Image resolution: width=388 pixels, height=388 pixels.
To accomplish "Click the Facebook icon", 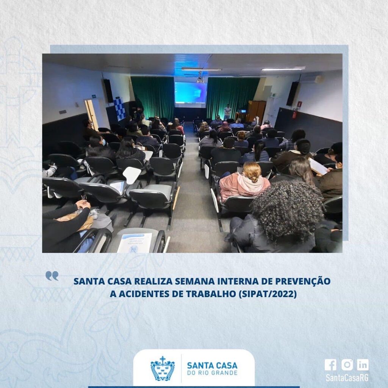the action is click(330, 365).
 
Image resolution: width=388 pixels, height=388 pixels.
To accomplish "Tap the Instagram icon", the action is click(347, 365).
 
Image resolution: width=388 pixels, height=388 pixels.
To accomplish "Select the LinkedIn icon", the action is click(363, 365).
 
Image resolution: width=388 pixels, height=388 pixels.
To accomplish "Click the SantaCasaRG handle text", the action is click(347, 378).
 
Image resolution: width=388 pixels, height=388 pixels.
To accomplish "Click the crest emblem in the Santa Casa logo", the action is click(163, 368).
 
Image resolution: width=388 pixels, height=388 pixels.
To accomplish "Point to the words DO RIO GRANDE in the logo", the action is click(212, 373).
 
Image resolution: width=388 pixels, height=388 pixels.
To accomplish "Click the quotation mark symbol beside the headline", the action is click(52, 276).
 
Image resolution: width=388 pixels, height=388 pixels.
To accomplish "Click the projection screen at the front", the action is click(191, 92).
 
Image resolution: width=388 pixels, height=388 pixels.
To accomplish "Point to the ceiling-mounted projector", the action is click(200, 80).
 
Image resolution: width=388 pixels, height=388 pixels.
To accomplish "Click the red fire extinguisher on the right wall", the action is click(294, 113).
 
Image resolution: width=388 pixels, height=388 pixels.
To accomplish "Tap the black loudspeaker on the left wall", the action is click(108, 91).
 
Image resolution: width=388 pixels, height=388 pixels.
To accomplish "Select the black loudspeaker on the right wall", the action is click(293, 94).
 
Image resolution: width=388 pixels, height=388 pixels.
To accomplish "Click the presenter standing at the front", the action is click(227, 112).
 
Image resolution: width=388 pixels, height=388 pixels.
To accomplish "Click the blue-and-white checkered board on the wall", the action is click(120, 109).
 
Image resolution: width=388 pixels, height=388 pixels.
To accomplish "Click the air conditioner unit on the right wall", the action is click(312, 79).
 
